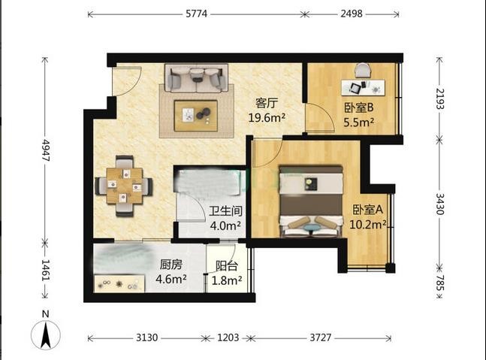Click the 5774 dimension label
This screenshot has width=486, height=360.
pos(197,14)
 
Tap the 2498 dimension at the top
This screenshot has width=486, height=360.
pos(352,14)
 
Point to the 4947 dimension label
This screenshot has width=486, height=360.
pos(46,150)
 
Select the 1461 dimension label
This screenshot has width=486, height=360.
pos(46,270)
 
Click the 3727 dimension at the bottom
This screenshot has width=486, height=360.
pos(321,337)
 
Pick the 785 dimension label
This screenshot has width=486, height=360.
pos(440,283)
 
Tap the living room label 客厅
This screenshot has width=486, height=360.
pos(267,103)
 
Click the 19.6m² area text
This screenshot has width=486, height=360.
pos(267,117)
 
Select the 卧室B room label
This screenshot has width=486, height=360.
pos(358,107)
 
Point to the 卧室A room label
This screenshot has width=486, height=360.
pos(368,210)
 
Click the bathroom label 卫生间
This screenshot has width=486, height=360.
pos(225,211)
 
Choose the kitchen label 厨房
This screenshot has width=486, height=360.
pos(171,265)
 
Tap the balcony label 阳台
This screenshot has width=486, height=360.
pos(227,266)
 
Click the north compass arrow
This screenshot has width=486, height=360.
pos(46,335)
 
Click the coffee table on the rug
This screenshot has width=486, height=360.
pos(195,115)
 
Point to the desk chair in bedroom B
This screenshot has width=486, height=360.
pos(363,71)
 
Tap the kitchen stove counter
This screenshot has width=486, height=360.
pos(119,283)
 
